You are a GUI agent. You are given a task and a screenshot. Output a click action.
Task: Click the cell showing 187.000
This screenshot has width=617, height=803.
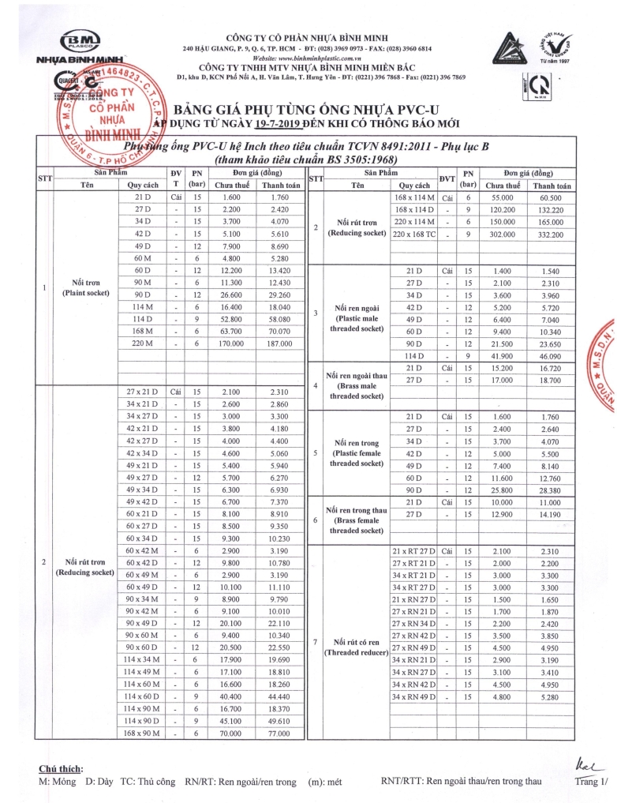[x=280, y=345]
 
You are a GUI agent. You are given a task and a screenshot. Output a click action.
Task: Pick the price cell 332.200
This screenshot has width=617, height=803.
[x=552, y=235]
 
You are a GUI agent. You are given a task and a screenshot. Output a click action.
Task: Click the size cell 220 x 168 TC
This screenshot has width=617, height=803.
[x=415, y=235]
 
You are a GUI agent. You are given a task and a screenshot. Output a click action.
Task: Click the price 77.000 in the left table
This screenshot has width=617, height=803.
[x=280, y=734]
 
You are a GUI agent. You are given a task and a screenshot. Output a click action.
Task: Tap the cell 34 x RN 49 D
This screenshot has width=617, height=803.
[x=415, y=697]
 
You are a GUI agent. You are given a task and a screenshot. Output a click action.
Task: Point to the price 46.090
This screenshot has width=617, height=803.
[x=552, y=356]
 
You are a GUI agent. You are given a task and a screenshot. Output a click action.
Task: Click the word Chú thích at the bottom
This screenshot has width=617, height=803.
[x=61, y=769]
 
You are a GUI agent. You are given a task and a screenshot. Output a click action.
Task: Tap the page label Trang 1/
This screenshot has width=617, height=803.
[x=592, y=782]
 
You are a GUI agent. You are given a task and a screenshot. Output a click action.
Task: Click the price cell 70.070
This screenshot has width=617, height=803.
[x=280, y=333]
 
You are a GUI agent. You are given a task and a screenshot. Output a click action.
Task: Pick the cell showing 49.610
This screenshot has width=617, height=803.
[x=280, y=722]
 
